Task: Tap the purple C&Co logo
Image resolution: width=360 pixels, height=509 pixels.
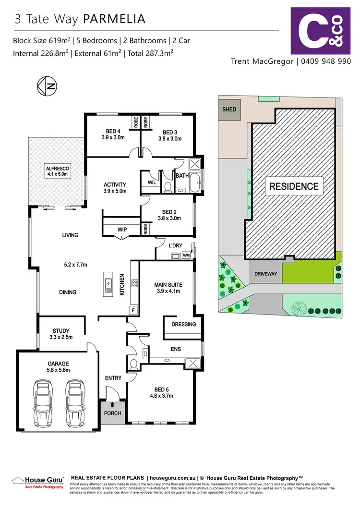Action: coord(317,31)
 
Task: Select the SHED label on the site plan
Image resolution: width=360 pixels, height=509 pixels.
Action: coord(229,109)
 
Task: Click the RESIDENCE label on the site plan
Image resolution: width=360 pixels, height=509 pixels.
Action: coord(293,186)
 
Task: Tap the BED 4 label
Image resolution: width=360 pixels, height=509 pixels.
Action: coord(113,135)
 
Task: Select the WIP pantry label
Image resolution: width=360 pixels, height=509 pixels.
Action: coord(122,230)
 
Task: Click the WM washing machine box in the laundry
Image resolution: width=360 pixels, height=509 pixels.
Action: coord(186,255)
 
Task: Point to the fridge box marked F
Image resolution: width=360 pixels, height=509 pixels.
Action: coord(133,310)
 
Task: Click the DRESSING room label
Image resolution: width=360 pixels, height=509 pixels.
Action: coord(184,324)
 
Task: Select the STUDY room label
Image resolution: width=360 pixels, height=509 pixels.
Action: coord(61,334)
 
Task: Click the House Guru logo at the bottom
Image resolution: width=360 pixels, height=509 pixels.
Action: coord(37,482)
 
